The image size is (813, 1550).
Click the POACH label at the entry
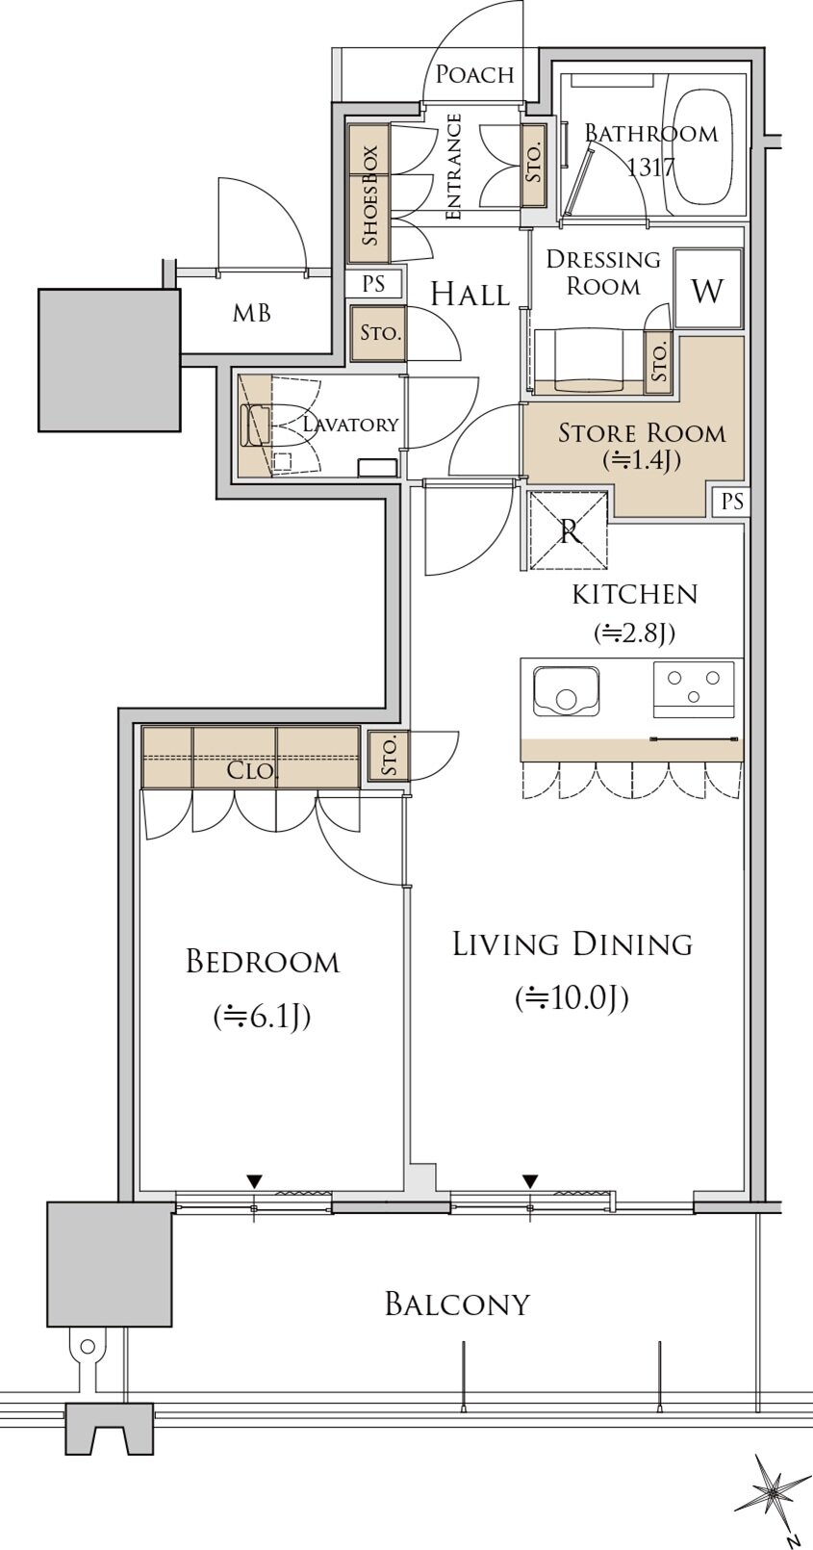(x=475, y=75)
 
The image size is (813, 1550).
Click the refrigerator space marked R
(x=569, y=530)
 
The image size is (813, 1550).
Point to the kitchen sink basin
(x=566, y=693)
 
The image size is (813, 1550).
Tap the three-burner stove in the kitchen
(x=694, y=689)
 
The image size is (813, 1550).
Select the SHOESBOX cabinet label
(x=369, y=195)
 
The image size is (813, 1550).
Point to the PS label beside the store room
(x=733, y=501)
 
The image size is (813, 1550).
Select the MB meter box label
(x=252, y=314)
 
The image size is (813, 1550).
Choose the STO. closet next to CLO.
(x=389, y=757)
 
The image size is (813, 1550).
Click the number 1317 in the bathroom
(x=650, y=168)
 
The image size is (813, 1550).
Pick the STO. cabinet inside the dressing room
(x=660, y=363)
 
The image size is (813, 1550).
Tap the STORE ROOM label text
(x=643, y=433)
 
